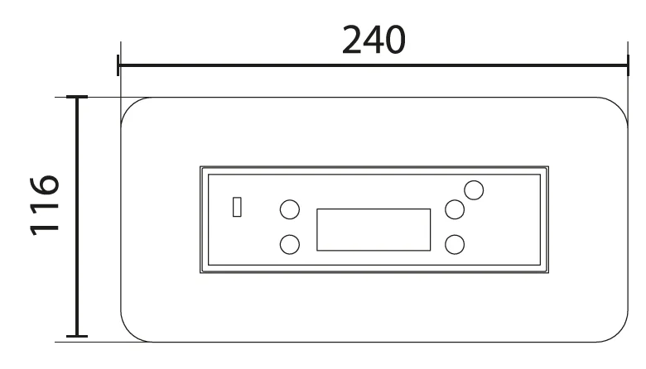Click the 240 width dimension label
coord(374,40)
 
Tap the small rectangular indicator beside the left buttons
coord(237,207)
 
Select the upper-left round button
coord(290,209)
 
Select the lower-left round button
coord(290,244)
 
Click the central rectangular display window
coord(374,229)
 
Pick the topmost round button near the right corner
coord(474,190)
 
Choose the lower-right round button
coord(455,244)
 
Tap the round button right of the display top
coord(455,209)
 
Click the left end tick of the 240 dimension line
coord(118,65)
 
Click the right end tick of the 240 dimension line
coord(628,65)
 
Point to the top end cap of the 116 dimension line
coord(77,97)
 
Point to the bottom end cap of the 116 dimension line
coord(77,336)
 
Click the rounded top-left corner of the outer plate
coord(128,105)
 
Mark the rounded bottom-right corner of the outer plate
coord(620,333)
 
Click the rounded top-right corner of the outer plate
coord(620,105)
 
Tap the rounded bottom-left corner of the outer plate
coord(128,333)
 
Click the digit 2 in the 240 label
coord(352,40)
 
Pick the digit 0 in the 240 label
coord(395,41)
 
